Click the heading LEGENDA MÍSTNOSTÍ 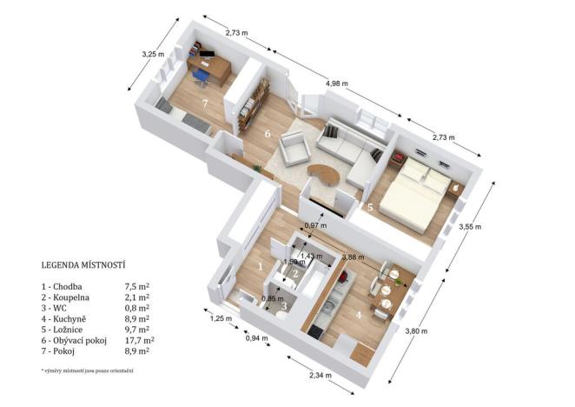click(x=84, y=264)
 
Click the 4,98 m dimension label click(x=337, y=83)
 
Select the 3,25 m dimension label click(x=153, y=54)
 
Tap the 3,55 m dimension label click(x=470, y=228)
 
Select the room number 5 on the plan click(x=369, y=208)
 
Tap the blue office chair click(x=201, y=77)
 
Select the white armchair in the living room click(x=294, y=151)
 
